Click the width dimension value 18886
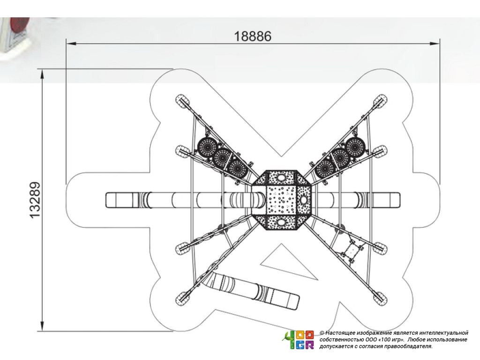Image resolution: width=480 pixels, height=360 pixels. coord(253,37)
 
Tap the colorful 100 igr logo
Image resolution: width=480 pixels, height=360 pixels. coord(298,340)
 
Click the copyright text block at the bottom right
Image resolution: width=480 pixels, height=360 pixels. coord(394,339)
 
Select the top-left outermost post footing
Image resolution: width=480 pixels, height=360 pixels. coord(182,100)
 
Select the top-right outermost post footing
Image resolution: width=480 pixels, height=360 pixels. coord(381,100)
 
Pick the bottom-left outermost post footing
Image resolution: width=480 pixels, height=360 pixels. coord(182,297)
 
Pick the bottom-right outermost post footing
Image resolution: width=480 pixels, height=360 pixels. coord(381,297)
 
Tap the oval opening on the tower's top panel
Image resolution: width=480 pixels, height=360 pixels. coord(281,178)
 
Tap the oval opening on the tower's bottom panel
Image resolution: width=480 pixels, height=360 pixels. coord(281,222)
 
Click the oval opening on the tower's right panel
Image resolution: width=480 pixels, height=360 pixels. coord(303,200)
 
